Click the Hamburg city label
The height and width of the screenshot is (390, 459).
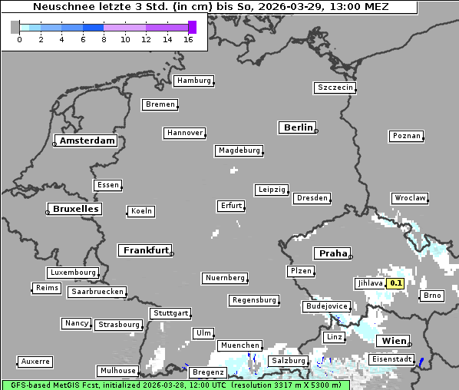[x=193, y=81]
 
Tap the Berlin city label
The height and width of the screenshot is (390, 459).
[x=298, y=127]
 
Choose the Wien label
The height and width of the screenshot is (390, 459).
[x=394, y=341]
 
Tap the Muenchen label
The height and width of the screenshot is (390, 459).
[x=240, y=345]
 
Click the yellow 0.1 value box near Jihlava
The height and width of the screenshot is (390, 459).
[x=396, y=283]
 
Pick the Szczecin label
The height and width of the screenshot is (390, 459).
[x=335, y=88]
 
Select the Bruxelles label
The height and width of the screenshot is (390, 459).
[x=75, y=209]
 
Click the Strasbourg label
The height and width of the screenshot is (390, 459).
[x=119, y=325]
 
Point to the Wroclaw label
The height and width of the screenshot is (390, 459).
[x=410, y=198]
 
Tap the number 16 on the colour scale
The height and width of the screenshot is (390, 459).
[x=188, y=40]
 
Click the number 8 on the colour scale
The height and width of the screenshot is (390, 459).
[x=104, y=40]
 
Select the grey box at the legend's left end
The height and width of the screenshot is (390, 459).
[x=15, y=27]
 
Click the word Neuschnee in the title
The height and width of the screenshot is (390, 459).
[x=55, y=7]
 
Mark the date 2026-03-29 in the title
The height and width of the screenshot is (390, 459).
[x=302, y=7]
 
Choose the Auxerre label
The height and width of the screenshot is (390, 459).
[x=35, y=361]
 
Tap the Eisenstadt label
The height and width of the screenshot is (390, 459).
[x=392, y=359]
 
